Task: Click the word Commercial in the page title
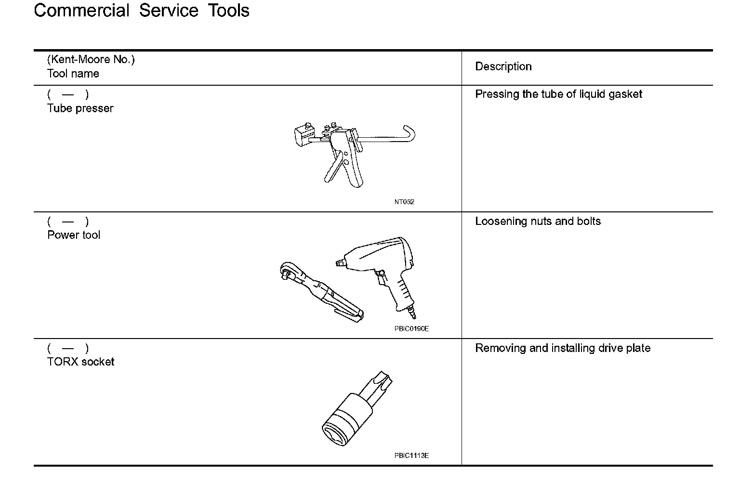[81, 11]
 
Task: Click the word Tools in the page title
[228, 11]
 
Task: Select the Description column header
[503, 66]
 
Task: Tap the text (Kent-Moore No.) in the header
[91, 60]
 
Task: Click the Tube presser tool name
[80, 108]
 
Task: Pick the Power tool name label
[74, 235]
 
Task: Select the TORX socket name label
[80, 362]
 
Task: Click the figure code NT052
[404, 202]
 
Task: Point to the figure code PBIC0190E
[411, 329]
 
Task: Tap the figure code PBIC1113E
[411, 456]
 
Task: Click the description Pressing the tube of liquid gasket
[558, 94]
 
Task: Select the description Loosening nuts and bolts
[538, 222]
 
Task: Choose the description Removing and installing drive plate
[562, 348]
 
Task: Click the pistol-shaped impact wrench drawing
[381, 265]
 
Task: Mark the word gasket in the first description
[625, 94]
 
